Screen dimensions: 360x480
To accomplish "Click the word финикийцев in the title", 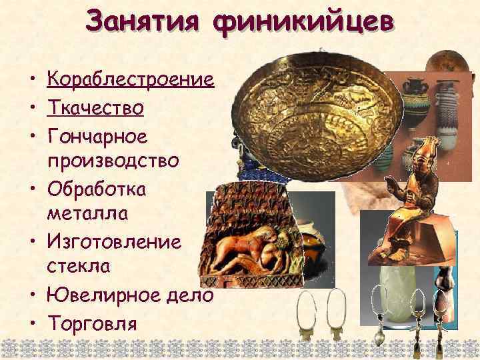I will tap(303, 24).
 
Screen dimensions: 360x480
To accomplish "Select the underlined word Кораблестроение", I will tap(130, 81).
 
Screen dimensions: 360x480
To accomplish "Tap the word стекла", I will tap(75, 267).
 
